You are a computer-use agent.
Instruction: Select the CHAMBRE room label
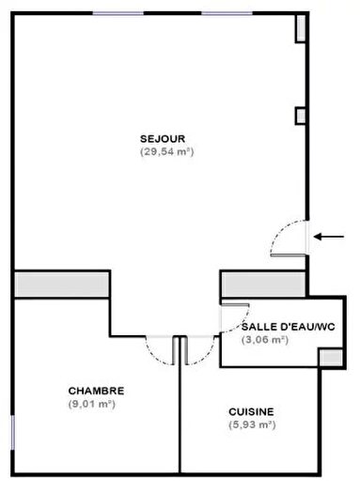point(96,391)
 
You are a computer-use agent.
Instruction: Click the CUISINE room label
point(251,411)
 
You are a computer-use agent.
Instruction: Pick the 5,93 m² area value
point(251,425)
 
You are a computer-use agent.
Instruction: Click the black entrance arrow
point(328,237)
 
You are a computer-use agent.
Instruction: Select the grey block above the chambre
point(62,284)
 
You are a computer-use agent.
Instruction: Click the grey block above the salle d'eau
point(263,283)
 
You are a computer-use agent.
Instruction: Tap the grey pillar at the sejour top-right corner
point(301,29)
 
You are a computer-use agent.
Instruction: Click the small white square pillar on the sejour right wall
point(301,116)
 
